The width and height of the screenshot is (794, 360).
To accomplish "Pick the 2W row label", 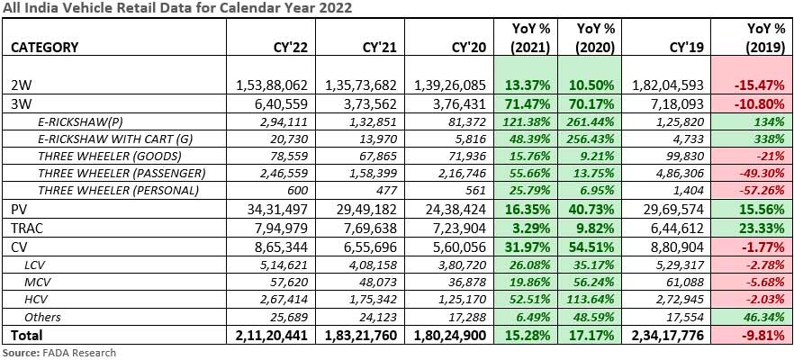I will (x=21, y=85).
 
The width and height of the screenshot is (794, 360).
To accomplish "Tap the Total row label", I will (x=27, y=336).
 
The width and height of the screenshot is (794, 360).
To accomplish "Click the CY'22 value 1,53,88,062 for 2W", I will (x=272, y=85).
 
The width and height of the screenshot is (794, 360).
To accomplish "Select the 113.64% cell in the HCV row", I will (x=590, y=299).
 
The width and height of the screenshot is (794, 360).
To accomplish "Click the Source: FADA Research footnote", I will (x=60, y=352).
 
